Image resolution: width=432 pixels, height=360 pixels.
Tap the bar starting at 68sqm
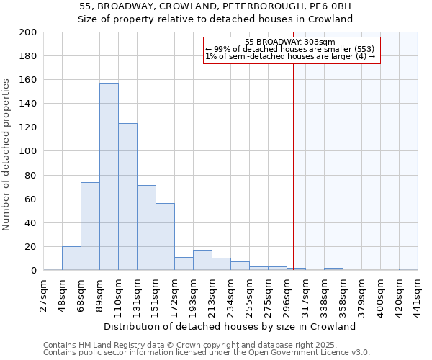point(90,226)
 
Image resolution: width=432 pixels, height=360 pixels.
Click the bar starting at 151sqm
point(165,237)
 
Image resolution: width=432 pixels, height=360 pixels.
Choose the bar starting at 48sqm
point(71,258)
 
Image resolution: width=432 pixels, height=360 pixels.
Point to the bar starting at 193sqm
point(202,261)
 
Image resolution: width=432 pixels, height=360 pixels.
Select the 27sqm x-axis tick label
point(44,294)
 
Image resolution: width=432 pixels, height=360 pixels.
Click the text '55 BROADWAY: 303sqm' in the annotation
point(289,42)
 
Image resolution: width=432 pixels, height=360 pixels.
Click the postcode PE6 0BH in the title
point(327,6)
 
